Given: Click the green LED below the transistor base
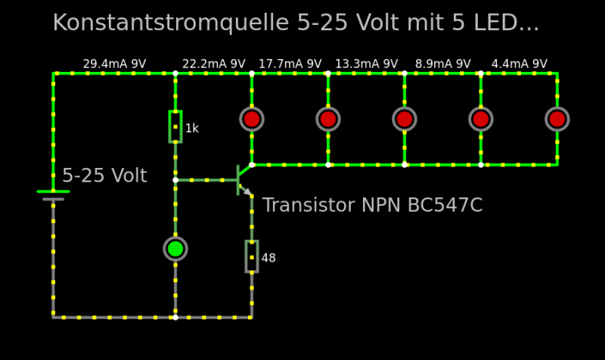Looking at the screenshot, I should point(175,248).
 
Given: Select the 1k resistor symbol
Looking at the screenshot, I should point(175,126).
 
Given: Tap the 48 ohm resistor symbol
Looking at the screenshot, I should point(252,256).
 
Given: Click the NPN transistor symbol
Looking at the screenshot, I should point(243,180).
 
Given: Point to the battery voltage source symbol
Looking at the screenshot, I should point(53,195).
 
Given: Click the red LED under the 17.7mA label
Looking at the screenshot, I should point(328,119).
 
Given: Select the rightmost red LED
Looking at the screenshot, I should point(557,119).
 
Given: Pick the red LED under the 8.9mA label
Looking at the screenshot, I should point(481,119).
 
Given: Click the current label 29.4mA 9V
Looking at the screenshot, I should point(114,64).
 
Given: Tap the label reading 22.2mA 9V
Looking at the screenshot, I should point(213,64).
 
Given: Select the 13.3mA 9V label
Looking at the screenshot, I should point(366,64).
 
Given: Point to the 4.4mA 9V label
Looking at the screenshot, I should point(519,64).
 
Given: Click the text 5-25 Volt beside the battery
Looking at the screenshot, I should point(104,176).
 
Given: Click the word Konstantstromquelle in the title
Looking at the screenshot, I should point(171,23).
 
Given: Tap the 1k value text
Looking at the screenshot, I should point(192,129).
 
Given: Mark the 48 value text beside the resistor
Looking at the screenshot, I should point(268,259).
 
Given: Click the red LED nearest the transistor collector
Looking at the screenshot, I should point(252,119).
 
